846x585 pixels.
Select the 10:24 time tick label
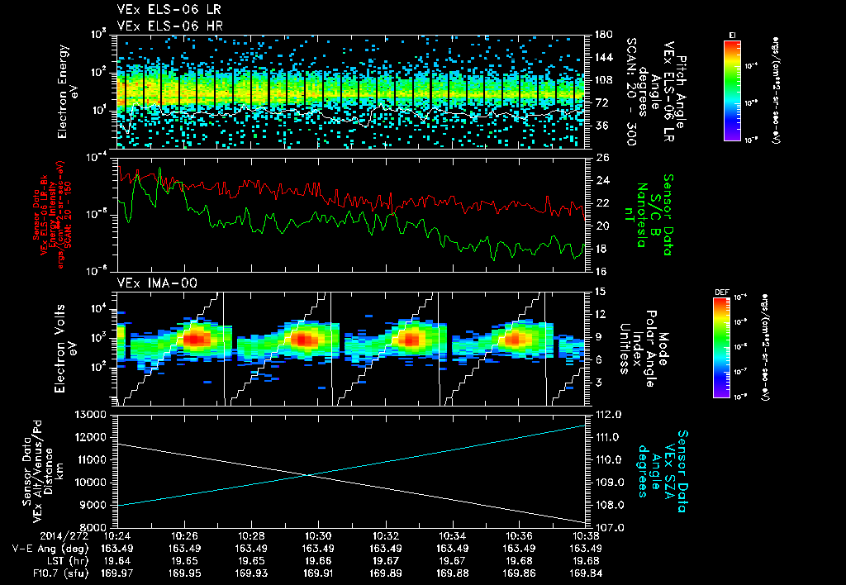(x=117, y=535)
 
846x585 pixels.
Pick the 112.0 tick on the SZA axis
(x=608, y=414)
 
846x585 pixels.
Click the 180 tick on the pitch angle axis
(x=602, y=35)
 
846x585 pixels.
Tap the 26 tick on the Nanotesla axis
(x=601, y=157)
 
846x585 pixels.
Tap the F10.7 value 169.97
(x=117, y=571)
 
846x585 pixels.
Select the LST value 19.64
(x=117, y=559)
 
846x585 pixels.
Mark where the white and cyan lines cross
(x=307, y=474)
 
